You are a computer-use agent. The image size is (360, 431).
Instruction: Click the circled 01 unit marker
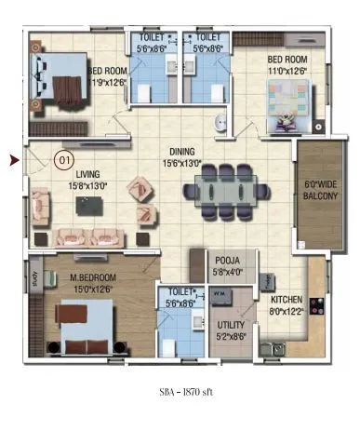pyautogui.click(x=64, y=159)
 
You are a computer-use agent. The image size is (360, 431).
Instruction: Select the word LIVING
pyautogui.click(x=88, y=173)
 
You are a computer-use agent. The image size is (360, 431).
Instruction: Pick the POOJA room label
pyautogui.click(x=228, y=263)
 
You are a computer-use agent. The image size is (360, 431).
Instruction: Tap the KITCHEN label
pyautogui.click(x=285, y=301)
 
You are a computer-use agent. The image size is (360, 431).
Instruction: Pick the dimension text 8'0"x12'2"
pyautogui.click(x=285, y=313)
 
